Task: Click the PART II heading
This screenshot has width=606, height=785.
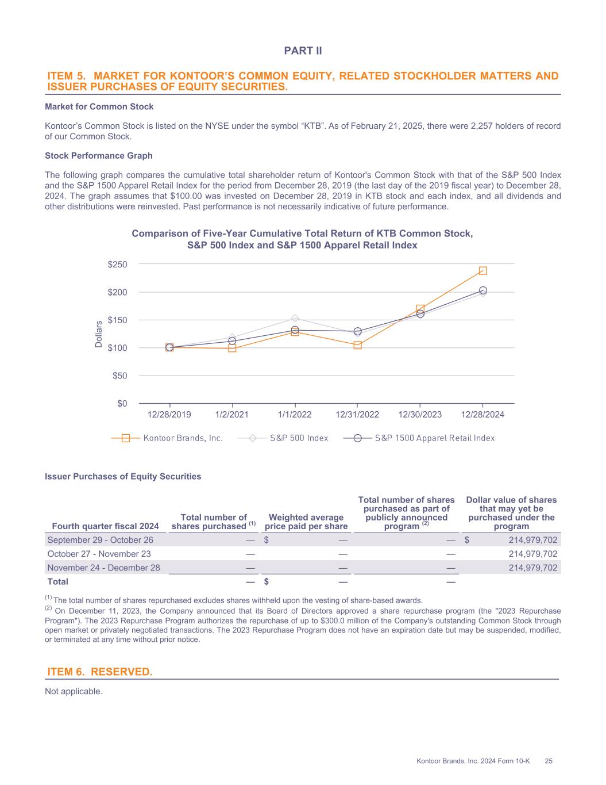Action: click(303, 51)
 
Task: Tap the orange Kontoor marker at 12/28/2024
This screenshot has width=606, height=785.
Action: click(483, 270)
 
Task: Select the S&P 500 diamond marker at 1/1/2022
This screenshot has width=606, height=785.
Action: click(295, 318)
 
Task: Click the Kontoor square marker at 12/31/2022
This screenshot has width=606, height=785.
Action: click(357, 345)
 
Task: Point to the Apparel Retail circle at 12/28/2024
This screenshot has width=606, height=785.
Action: click(483, 290)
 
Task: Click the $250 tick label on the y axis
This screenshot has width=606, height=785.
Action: click(117, 264)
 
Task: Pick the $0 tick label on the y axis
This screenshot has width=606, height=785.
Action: click(121, 403)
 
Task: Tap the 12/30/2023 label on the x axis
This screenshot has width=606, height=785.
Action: click(420, 415)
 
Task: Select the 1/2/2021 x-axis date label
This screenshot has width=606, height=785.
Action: click(232, 415)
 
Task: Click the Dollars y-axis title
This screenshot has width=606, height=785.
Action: click(99, 334)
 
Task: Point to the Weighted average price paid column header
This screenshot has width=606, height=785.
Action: click(306, 522)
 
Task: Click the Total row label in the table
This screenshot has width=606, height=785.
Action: click(57, 581)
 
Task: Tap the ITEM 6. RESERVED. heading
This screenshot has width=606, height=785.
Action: click(99, 672)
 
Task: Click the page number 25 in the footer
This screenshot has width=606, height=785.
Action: click(549, 761)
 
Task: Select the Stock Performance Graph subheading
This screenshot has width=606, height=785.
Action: click(99, 156)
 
